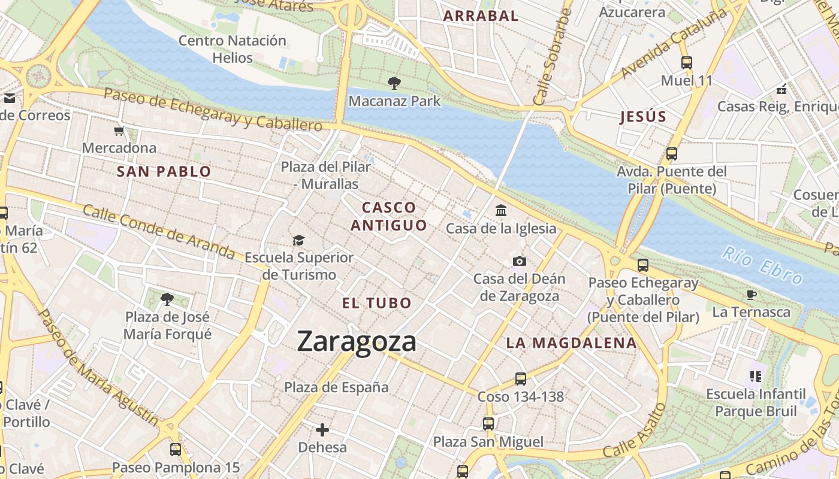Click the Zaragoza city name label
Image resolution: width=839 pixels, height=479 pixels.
[357, 342]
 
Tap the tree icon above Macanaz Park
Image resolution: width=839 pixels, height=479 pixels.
[394, 83]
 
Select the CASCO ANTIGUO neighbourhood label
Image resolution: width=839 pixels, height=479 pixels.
[389, 216]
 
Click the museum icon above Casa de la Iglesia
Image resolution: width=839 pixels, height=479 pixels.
[501, 211]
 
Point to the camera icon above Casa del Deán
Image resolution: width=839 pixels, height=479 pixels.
[520, 261]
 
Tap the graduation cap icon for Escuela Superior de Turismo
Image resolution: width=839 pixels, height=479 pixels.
[298, 241]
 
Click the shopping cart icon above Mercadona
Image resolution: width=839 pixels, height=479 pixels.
[119, 131]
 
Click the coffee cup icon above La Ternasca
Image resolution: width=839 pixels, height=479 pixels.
[751, 295]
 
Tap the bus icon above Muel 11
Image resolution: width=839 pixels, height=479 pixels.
[687, 62]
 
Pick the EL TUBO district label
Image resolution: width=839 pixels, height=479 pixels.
[377, 303]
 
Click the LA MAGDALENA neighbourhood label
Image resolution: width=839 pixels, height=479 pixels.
[571, 343]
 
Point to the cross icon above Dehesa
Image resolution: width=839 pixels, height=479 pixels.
[322, 429]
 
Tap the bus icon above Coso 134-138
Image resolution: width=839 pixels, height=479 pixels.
[521, 378]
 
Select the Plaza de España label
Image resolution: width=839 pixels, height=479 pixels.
[336, 387]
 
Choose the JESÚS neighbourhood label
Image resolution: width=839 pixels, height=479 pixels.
[644, 117]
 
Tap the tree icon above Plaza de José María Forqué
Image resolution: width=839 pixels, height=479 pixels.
[167, 299]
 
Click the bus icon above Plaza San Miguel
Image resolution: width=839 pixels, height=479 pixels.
[488, 424]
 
